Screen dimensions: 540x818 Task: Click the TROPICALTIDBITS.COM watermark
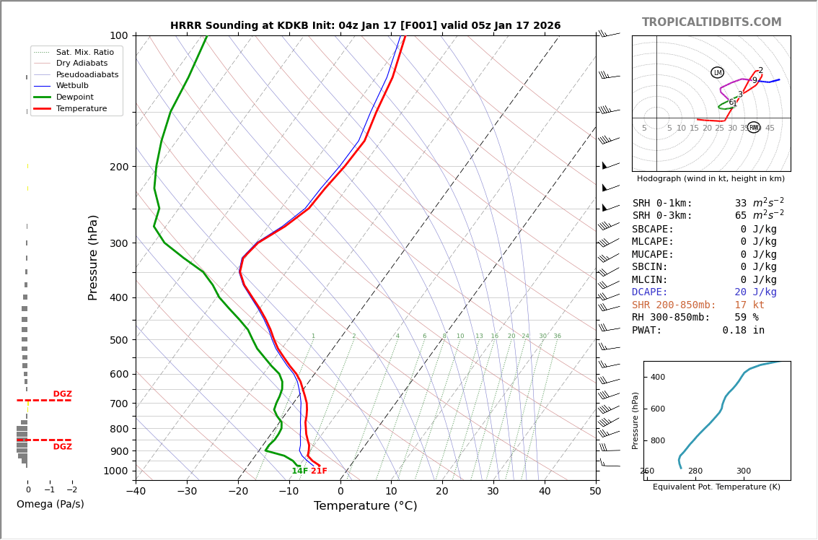[x=711, y=22]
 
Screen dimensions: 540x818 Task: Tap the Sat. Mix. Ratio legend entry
[x=84, y=52]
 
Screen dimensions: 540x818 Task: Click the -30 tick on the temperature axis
[x=187, y=492]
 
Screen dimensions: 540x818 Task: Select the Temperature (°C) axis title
[x=365, y=506]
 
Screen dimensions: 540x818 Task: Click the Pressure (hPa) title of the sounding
[x=94, y=257]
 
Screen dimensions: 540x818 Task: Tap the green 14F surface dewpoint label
[x=300, y=471]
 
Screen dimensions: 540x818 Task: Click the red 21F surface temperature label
[x=319, y=471]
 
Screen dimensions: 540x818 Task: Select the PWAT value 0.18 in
[x=743, y=331]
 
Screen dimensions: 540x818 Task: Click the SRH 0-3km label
[x=661, y=216]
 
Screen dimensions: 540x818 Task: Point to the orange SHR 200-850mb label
[x=674, y=305]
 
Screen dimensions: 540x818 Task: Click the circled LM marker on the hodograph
[x=717, y=72]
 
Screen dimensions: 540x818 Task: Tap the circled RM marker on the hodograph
[x=754, y=128]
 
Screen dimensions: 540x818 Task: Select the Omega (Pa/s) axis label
[x=50, y=505]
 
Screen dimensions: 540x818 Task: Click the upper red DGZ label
[x=62, y=394]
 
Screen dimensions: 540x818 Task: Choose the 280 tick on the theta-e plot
[x=695, y=471]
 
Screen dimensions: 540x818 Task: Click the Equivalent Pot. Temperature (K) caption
[x=716, y=487]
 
